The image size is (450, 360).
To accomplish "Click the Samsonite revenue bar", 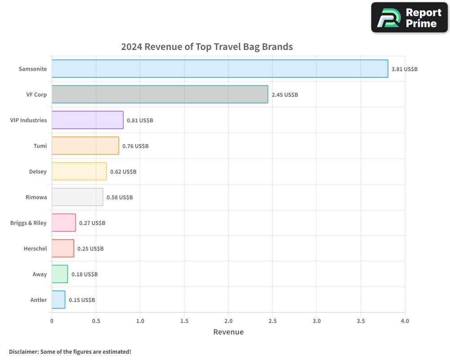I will point(220,69).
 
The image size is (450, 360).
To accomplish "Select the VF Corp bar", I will point(160,94).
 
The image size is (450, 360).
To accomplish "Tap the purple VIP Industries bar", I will point(87,120).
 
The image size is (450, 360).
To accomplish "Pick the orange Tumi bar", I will point(85,146).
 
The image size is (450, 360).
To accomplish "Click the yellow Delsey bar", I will point(79,171).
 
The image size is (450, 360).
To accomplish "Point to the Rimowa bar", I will point(77,197).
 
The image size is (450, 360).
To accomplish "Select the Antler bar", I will point(58,300).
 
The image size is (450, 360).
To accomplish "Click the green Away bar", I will point(60,274).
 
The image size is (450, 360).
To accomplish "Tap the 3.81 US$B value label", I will point(405,69).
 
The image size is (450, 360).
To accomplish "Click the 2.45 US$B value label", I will point(284,95).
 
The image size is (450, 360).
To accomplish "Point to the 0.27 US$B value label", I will point(92,223).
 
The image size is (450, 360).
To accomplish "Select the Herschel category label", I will point(35,248).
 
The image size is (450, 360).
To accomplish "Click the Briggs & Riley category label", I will point(28,223).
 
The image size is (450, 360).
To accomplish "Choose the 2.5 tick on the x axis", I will point(273,321).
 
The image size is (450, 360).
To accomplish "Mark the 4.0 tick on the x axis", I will point(405,321).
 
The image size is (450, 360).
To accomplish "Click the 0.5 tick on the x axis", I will point(96,321).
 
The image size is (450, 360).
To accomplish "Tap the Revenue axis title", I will point(228,332).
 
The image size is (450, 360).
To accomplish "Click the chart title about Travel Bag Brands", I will point(207,47).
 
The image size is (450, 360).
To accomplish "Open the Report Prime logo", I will point(409,18).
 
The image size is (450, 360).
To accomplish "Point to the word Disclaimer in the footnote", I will point(23,351).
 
